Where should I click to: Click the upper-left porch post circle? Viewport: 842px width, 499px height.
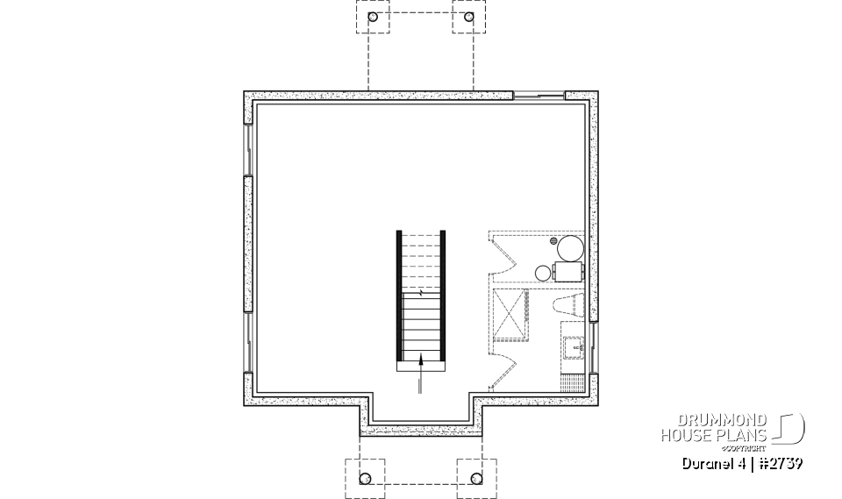click(x=373, y=17)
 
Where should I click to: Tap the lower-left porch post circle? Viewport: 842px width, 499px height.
click(x=366, y=478)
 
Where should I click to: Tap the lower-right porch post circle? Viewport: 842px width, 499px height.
click(x=477, y=478)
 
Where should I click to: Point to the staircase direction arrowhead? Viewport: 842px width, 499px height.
click(x=422, y=356)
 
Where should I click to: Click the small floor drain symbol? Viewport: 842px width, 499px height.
click(x=553, y=239)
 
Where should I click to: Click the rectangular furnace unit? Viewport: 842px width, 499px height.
click(x=568, y=272)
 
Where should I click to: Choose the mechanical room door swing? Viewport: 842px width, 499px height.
click(x=503, y=253)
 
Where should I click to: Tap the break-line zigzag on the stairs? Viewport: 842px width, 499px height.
click(x=422, y=293)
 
